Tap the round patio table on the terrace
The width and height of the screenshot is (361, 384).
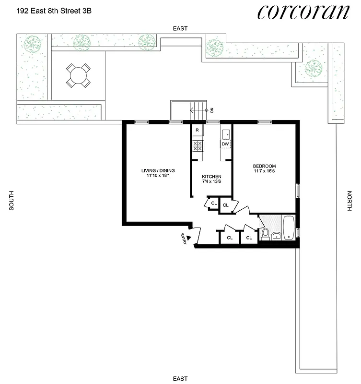(78, 75)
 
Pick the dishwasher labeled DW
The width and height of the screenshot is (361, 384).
(225, 144)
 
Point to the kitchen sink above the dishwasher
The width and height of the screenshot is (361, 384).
(225, 133)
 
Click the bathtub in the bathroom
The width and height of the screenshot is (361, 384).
(289, 228)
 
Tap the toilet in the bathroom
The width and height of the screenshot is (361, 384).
(266, 234)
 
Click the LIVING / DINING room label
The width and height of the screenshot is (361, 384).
(158, 170)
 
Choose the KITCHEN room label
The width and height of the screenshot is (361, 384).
(211, 177)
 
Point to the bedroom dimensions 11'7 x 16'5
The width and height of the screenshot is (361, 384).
(265, 172)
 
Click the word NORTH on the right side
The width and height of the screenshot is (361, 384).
(349, 201)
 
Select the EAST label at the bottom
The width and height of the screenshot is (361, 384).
(180, 378)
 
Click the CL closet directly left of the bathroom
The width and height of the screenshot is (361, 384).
(249, 238)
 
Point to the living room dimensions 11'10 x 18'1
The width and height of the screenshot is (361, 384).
(158, 176)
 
